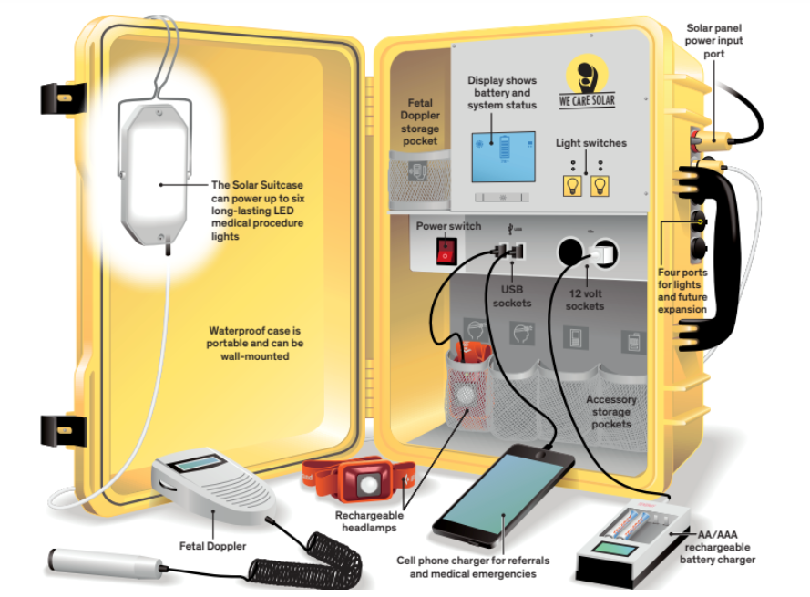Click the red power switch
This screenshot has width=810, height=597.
[x=445, y=250]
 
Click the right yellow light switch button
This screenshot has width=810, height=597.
[x=599, y=186]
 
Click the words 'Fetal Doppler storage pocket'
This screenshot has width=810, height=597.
[x=419, y=122]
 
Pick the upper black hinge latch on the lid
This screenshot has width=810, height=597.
[x=63, y=99]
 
